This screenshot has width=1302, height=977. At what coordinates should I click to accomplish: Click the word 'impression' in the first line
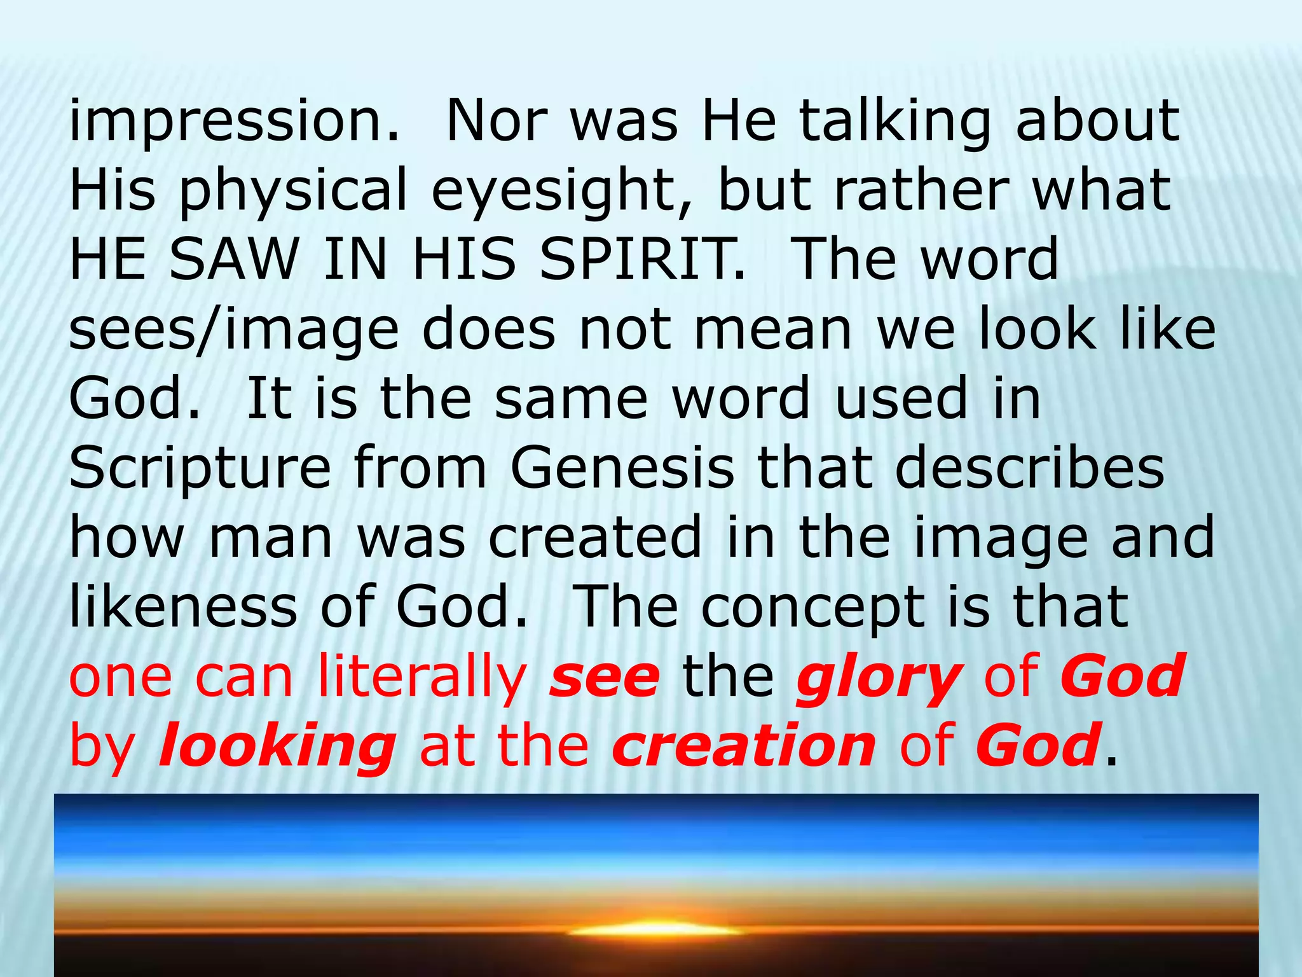pos(234,121)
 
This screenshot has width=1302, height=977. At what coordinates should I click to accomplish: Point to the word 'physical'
pos(293,191)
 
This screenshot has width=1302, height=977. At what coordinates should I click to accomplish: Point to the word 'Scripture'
pos(200,469)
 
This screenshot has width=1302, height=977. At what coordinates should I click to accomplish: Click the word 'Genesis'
pos(622,469)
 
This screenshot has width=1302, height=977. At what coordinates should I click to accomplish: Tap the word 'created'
pos(595,537)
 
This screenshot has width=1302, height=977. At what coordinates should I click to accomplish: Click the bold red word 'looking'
pos(277,747)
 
